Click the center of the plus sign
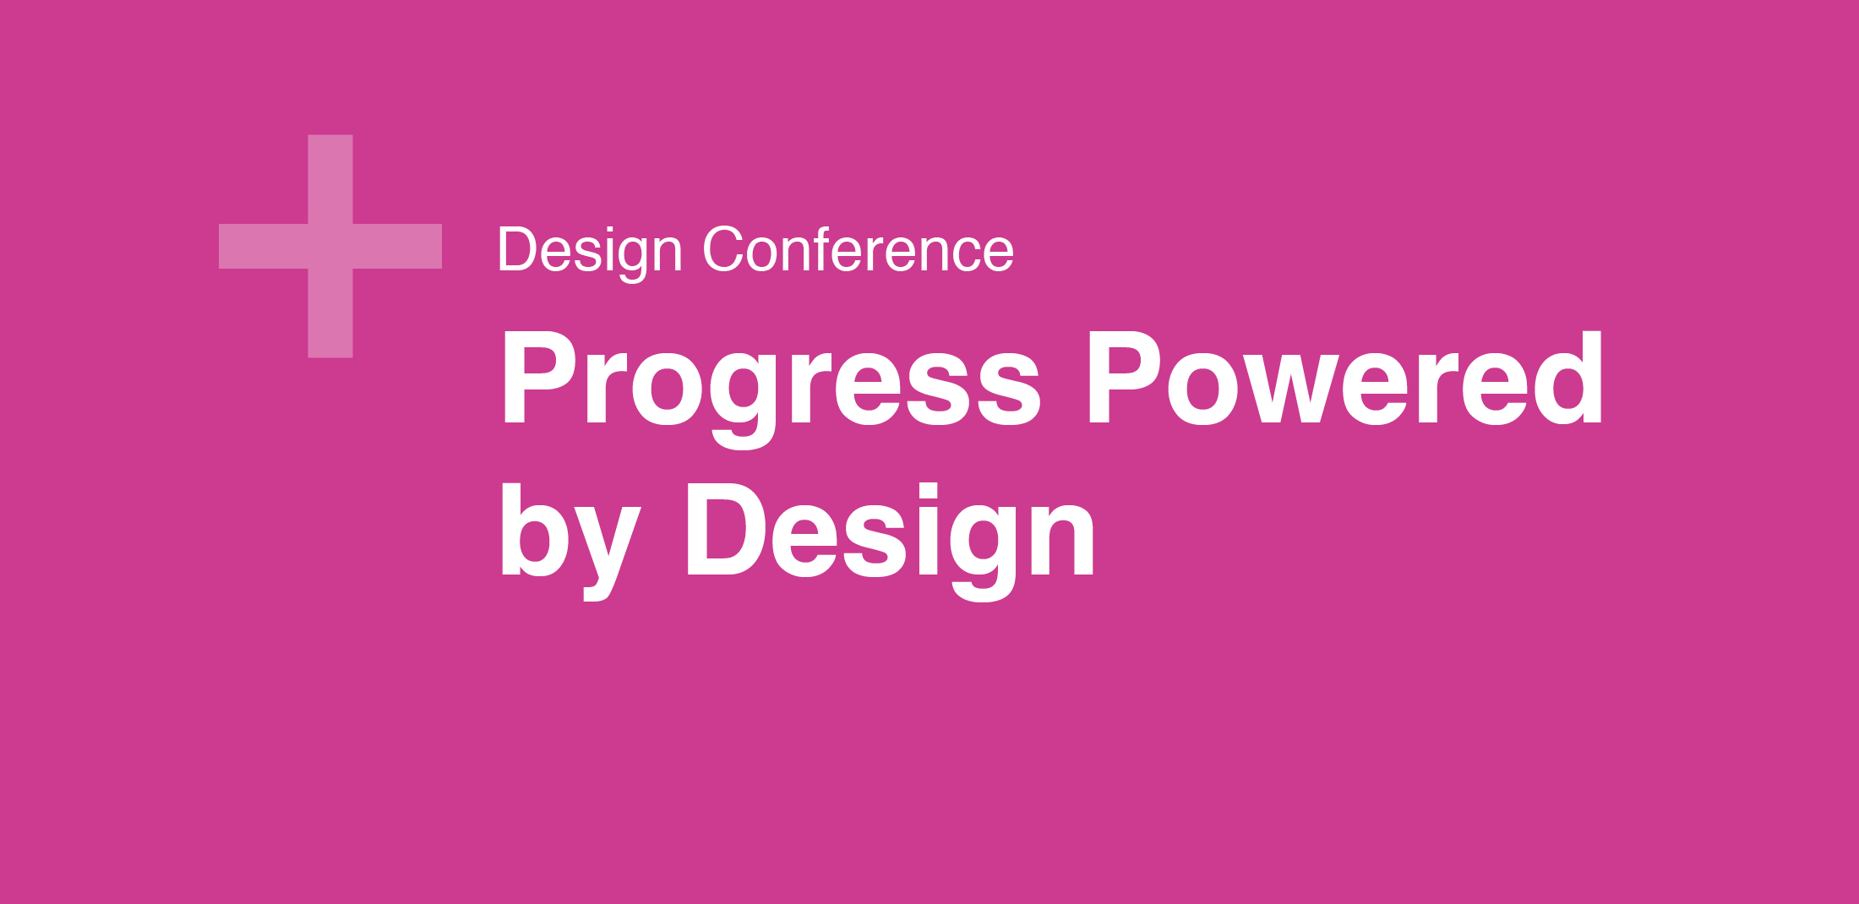[330, 246]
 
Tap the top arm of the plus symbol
[330, 179]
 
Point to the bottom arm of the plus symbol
[330, 313]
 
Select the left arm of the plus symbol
[263, 246]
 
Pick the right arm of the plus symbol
[397, 246]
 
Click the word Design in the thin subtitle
[590, 252]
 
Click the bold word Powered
[1344, 378]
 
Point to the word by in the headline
[570, 541]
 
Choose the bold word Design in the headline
[891, 541]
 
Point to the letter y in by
[607, 553]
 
